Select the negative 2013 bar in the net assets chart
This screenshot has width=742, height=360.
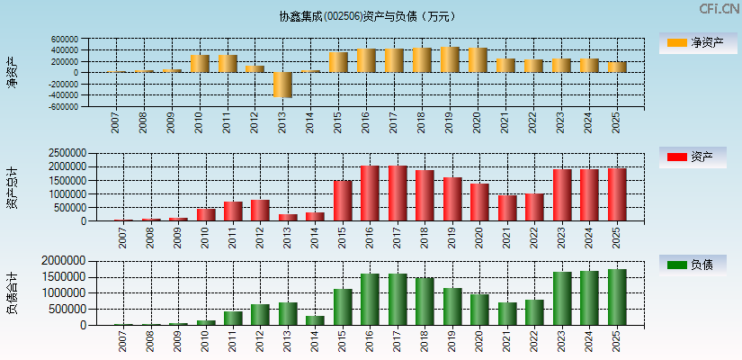[282, 84]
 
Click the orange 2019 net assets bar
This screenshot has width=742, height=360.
[450, 59]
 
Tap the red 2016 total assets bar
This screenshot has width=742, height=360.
[370, 193]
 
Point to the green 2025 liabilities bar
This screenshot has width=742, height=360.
[616, 297]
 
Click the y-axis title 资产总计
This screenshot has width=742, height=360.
[13, 188]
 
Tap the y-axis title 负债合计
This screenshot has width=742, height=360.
[13, 292]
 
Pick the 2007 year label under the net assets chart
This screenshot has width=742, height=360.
[115, 122]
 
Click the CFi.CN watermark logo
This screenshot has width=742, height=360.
[719, 8]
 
